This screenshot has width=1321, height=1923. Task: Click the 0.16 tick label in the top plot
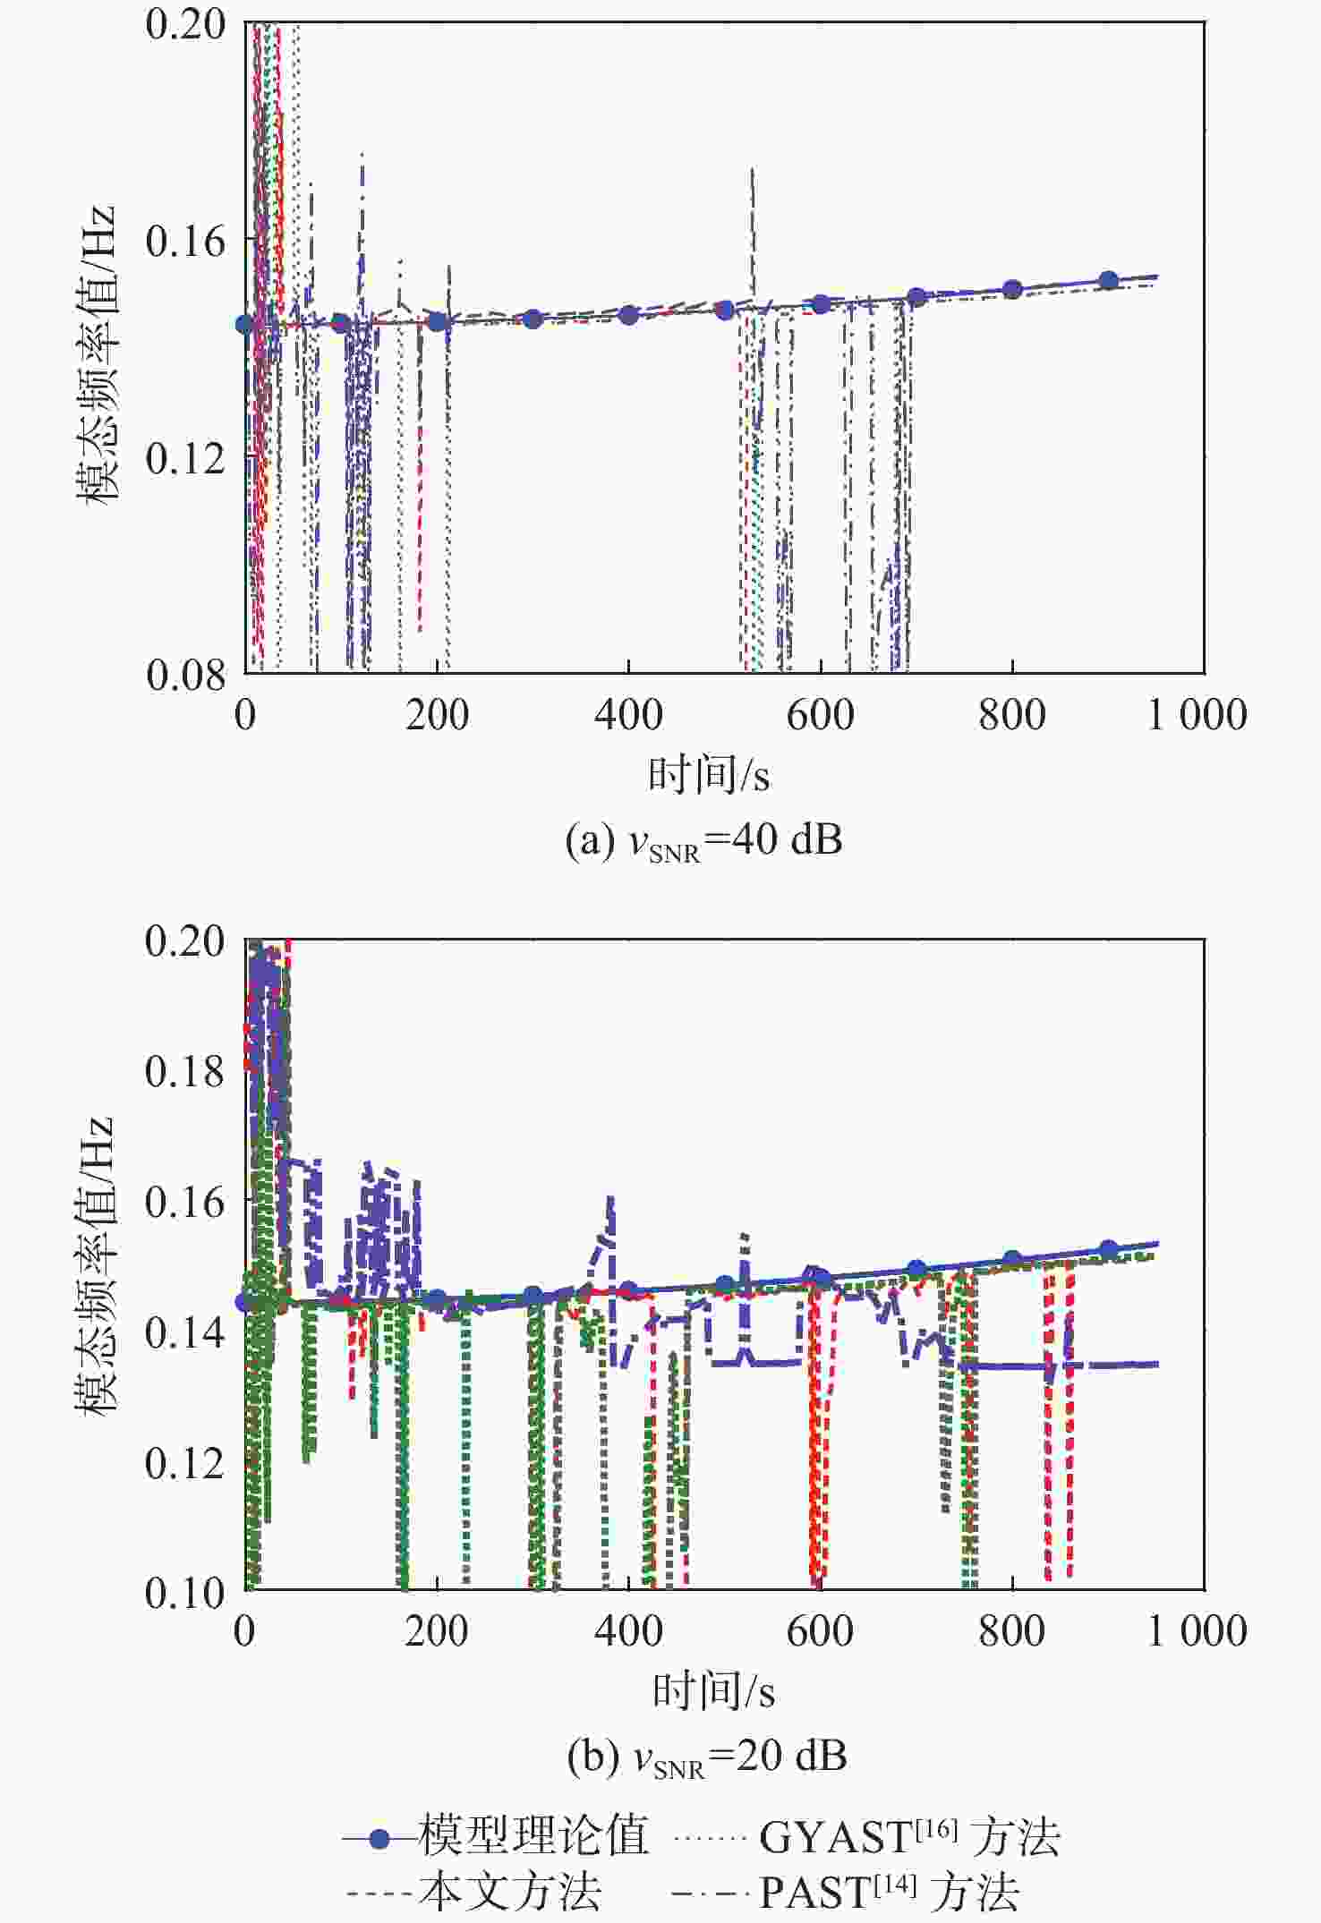184,242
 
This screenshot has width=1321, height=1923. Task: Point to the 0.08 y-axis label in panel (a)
184,675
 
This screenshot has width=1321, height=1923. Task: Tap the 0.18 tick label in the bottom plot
184,1071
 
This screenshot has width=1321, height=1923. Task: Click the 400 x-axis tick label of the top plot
628,716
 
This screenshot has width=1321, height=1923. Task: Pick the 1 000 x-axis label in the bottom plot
1197,1631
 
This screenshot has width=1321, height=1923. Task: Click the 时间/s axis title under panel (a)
709,775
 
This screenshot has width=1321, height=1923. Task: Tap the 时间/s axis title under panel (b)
713,1691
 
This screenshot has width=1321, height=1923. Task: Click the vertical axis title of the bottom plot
97,1264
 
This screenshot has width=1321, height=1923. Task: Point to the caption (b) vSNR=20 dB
707,1757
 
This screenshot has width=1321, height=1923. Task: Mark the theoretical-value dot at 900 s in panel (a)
1109,280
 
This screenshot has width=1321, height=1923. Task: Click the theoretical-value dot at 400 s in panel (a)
628,315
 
